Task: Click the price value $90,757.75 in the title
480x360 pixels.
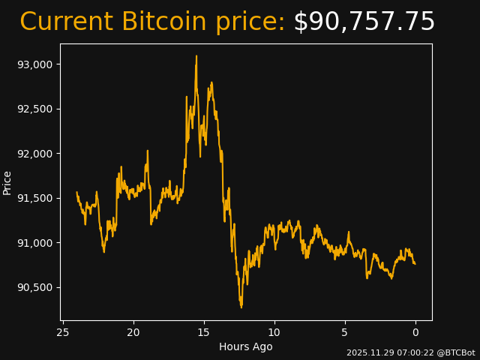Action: tap(364, 22)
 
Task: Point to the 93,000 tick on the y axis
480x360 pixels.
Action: tap(35, 64)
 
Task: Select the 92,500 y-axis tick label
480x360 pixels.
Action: tap(35, 109)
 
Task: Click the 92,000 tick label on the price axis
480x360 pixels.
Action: tap(35, 154)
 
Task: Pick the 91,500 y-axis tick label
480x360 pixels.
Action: tap(35, 198)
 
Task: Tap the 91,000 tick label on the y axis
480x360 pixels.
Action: tap(35, 243)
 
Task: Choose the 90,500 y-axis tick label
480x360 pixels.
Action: tap(35, 287)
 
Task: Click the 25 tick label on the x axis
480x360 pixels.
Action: tap(63, 332)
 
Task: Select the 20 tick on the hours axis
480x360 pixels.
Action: tap(133, 332)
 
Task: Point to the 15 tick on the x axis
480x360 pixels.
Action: tap(204, 332)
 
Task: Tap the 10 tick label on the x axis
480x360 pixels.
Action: tap(274, 332)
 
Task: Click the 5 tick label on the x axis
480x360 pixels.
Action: tap(345, 332)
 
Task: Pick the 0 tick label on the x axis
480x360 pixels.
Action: tap(415, 332)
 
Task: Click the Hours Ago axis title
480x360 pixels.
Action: tap(245, 346)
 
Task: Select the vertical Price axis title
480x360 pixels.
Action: tap(7, 182)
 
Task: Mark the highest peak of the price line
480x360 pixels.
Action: tap(196, 56)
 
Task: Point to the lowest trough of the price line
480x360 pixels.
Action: tap(241, 307)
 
